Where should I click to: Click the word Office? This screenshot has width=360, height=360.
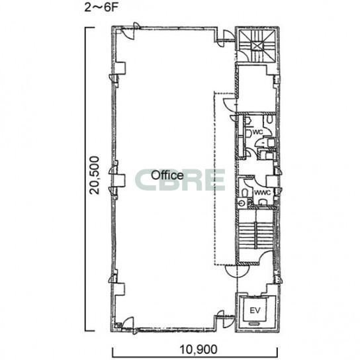coord(167,175)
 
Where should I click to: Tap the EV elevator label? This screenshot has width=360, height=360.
coord(255,310)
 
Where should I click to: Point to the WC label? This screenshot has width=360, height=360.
coord(257,132)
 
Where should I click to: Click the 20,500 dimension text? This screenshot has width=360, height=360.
coord(95,175)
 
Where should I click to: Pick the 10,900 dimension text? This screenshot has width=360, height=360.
coord(198,349)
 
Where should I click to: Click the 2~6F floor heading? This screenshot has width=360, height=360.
coord(101,7)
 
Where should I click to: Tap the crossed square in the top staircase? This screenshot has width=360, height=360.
coord(257,46)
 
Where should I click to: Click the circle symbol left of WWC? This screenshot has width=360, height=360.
coord(242,202)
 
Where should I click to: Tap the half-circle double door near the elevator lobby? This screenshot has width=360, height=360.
coord(237,272)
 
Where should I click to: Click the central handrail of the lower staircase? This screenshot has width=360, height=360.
coord(255,235)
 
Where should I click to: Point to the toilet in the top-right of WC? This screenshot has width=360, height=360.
coord(270,119)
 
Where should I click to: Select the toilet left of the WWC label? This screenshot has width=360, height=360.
coord(245,193)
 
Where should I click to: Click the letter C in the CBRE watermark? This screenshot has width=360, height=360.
coord(146,179)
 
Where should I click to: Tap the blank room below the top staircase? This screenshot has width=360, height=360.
coord(257,89)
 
